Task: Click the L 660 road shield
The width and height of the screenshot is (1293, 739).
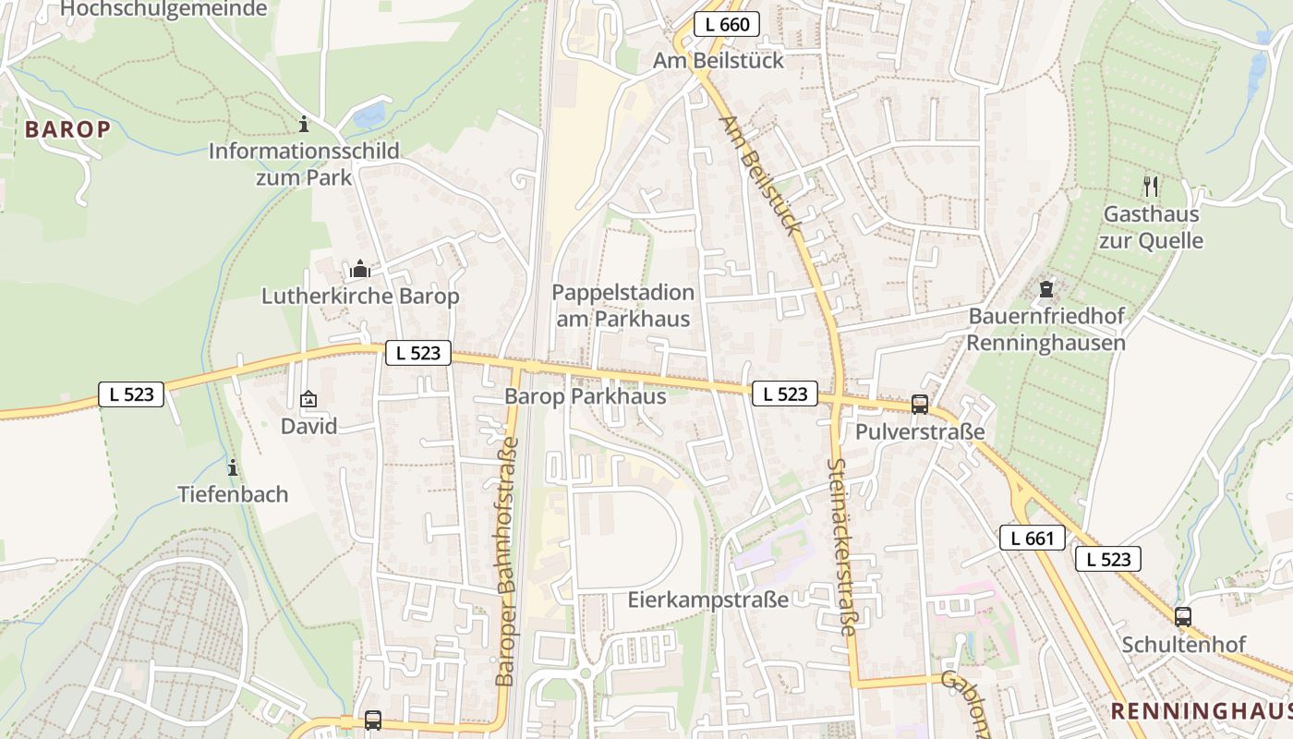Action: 727,25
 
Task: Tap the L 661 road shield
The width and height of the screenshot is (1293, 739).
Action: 1033,538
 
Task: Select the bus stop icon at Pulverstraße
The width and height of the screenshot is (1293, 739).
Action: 920,404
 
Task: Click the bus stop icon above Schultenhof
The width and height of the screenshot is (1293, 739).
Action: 1183,616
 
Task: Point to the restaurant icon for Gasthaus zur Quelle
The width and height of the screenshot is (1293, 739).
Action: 1151,187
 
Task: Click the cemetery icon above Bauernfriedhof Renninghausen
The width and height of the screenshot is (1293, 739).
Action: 1046,290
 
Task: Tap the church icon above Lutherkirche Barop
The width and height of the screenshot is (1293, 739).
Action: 360,270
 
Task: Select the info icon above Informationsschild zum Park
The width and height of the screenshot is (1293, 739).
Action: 304,124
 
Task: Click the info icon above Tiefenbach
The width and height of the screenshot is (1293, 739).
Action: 233,467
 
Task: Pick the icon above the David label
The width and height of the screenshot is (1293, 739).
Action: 308,399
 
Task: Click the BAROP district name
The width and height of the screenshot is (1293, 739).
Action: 67,129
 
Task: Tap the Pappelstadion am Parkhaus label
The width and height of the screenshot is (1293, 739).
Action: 623,306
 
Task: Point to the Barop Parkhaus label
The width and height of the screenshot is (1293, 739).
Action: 586,396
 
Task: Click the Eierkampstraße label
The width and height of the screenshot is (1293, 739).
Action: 708,600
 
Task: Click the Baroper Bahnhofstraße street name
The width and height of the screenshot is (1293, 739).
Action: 508,562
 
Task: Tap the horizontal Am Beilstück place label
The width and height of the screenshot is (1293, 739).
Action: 719,60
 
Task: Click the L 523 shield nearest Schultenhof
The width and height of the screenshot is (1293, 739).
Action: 1107,559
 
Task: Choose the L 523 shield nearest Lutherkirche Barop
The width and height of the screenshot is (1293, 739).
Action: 417,353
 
